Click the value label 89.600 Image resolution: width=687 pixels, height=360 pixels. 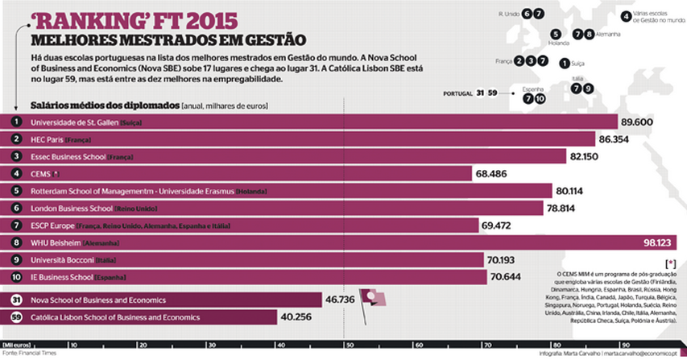(635, 122)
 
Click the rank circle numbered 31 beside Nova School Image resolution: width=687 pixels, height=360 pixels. (16, 300)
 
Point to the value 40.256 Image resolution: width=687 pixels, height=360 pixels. (296, 317)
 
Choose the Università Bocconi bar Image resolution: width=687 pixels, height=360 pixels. (242, 260)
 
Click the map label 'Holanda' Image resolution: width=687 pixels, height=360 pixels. (558, 43)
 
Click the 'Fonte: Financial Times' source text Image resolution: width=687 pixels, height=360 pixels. (31, 353)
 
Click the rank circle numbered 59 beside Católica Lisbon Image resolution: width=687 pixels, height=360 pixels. (16, 317)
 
